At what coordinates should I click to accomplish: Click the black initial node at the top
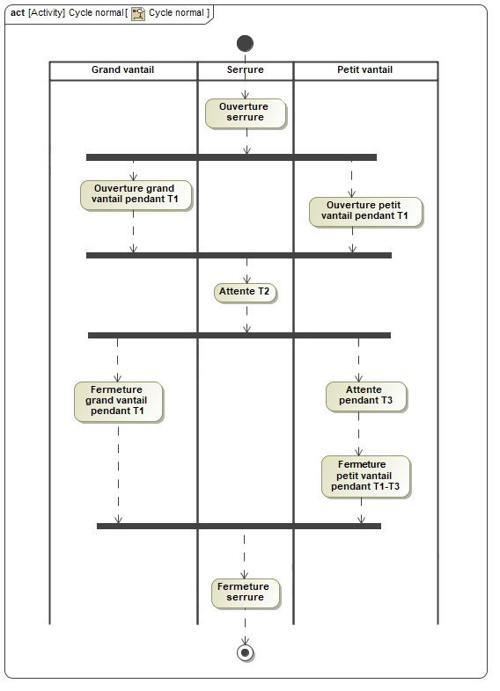[x=245, y=43]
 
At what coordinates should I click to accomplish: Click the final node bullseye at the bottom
[x=245, y=652]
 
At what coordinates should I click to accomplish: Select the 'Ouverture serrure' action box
[x=246, y=113]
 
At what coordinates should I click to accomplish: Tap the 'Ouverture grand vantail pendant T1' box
[x=136, y=195]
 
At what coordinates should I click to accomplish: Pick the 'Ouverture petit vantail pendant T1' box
[x=365, y=212]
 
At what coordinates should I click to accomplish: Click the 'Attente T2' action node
[x=245, y=293]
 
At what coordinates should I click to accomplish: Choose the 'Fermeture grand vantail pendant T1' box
[x=118, y=402]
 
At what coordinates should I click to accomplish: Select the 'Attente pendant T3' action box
[x=366, y=396]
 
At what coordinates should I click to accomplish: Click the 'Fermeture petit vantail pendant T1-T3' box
[x=366, y=476]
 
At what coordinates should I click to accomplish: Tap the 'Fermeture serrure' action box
[x=246, y=593]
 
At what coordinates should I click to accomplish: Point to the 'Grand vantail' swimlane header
[x=123, y=71]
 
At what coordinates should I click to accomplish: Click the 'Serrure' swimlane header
[x=246, y=71]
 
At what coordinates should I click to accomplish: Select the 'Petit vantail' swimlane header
[x=365, y=71]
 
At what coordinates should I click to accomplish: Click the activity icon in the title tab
[x=138, y=14]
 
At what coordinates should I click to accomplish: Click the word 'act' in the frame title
[x=18, y=13]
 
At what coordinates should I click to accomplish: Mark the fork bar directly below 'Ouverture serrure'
[x=232, y=157]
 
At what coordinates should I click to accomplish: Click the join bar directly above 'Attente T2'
[x=239, y=255]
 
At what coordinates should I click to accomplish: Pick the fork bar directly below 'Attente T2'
[x=239, y=335]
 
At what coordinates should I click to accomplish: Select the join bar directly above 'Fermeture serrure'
[x=239, y=526]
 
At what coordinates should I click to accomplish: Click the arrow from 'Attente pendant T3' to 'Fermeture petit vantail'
[x=359, y=433]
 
